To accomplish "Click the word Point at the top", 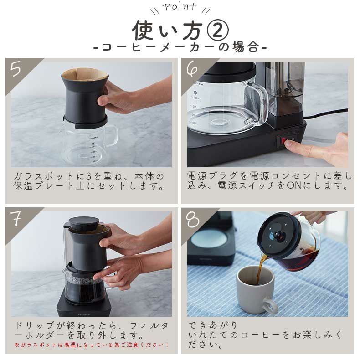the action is point(180,7).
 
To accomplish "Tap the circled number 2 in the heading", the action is point(218,30).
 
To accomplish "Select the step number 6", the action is point(192,68).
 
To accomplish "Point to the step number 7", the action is point(15,218).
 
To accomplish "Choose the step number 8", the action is point(192,219).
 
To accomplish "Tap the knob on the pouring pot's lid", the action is point(278,236).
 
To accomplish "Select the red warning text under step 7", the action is point(92,345).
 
